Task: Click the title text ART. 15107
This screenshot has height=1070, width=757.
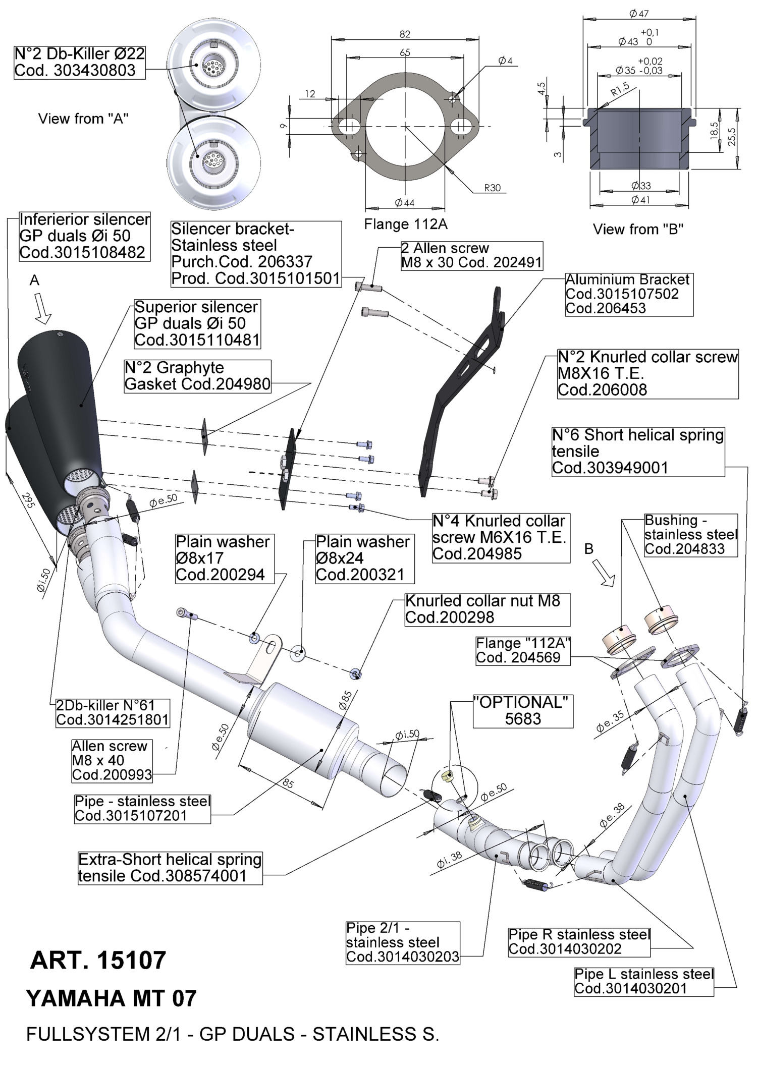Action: [98, 960]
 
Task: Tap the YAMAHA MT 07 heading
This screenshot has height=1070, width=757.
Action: [111, 998]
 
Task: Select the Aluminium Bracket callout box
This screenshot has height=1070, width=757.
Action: [629, 294]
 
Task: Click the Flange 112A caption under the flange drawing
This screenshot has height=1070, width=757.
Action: [406, 224]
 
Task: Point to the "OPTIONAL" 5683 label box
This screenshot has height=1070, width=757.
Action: [523, 711]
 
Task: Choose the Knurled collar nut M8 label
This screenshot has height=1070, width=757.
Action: [487, 609]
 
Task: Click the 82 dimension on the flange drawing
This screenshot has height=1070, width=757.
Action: [405, 34]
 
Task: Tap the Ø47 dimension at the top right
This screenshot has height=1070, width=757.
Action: [639, 14]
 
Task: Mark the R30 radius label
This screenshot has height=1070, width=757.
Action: [492, 188]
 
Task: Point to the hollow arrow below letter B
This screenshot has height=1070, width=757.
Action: [604, 574]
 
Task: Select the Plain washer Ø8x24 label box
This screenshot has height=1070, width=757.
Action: [362, 558]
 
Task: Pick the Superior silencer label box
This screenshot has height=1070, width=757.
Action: [197, 323]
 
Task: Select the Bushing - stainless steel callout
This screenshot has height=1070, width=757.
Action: [690, 534]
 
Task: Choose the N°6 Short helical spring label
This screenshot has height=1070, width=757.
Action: [638, 451]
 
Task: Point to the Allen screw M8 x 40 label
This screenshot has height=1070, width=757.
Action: [112, 760]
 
